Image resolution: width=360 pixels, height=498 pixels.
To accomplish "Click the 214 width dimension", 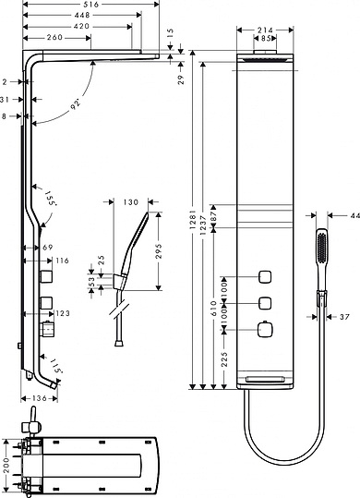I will (267, 30).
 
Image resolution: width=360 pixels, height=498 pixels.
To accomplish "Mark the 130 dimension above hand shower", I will (129, 200).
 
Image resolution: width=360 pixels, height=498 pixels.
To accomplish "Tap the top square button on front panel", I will (266, 276).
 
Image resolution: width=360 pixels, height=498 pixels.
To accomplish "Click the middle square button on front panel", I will (266, 302).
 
